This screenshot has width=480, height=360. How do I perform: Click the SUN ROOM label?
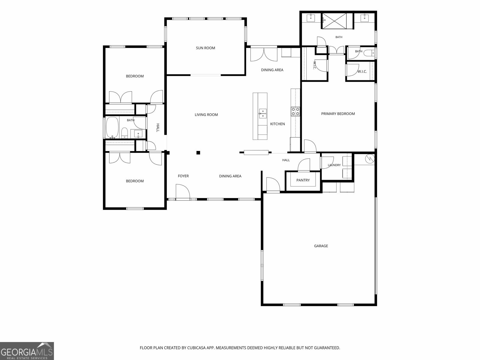click(205, 48)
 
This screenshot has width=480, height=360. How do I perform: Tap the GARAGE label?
click(321, 246)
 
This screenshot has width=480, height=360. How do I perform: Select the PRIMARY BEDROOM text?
click(338, 114)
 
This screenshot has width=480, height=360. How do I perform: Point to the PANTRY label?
click(303, 180)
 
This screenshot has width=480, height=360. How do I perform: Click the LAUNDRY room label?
click(334, 165)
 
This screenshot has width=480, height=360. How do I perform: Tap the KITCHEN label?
click(277, 124)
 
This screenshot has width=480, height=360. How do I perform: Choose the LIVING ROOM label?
click(206, 115)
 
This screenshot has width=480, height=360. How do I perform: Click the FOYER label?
click(183, 176)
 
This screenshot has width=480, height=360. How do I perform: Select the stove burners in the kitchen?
click(295, 112)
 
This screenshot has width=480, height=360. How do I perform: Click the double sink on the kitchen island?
click(262, 114)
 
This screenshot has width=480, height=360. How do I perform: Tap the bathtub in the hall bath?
click(112, 127)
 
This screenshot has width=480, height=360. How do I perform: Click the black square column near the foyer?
click(198, 153)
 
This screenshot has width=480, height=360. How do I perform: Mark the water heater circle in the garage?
click(370, 158)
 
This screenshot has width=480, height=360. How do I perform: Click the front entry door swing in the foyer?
click(183, 191)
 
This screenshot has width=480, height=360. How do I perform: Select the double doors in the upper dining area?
click(264, 55)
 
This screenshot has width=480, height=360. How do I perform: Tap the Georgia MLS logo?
click(27, 351)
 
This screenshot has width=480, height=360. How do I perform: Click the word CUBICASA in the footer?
click(196, 348)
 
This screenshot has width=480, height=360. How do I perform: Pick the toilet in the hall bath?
click(124, 133)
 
